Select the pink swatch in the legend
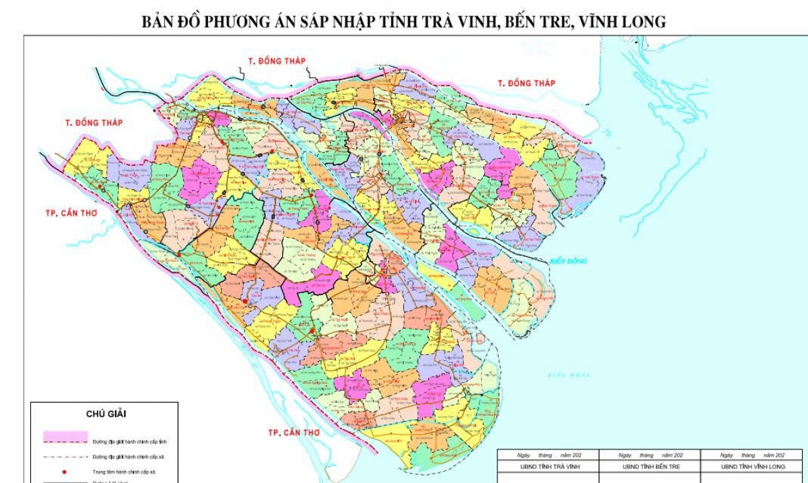(65, 435)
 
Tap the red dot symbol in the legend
(65, 472)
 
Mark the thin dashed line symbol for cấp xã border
(65, 457)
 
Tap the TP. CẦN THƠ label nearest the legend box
(293, 432)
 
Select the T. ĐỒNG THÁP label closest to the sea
(526, 83)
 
